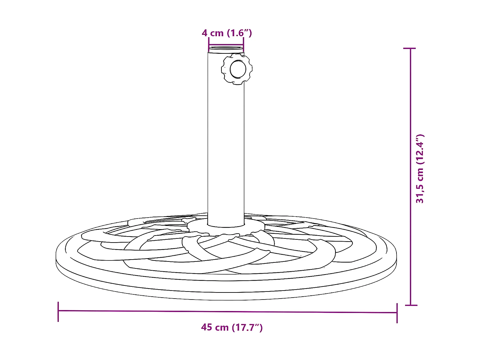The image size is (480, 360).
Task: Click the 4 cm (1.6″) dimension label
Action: pyautogui.click(x=227, y=33)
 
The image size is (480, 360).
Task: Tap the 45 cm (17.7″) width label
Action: pyautogui.click(x=232, y=327)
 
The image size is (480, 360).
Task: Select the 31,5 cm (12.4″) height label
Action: pyautogui.click(x=420, y=169)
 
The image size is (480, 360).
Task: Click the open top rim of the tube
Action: pyautogui.click(x=226, y=49)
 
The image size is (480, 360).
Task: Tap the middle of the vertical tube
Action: pyautogui.click(x=226, y=138)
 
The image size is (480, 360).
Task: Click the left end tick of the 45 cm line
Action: pyautogui.click(x=58, y=311)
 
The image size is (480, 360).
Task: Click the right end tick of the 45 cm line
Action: pyautogui.click(x=397, y=313)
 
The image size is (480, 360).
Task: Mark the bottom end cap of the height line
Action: pyautogui.click(x=411, y=305)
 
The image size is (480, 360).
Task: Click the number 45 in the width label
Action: pyautogui.click(x=206, y=327)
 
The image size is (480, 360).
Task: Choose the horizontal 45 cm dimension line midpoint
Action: pyautogui.click(x=228, y=312)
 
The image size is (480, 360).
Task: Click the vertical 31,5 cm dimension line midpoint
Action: pyautogui.click(x=411, y=177)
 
